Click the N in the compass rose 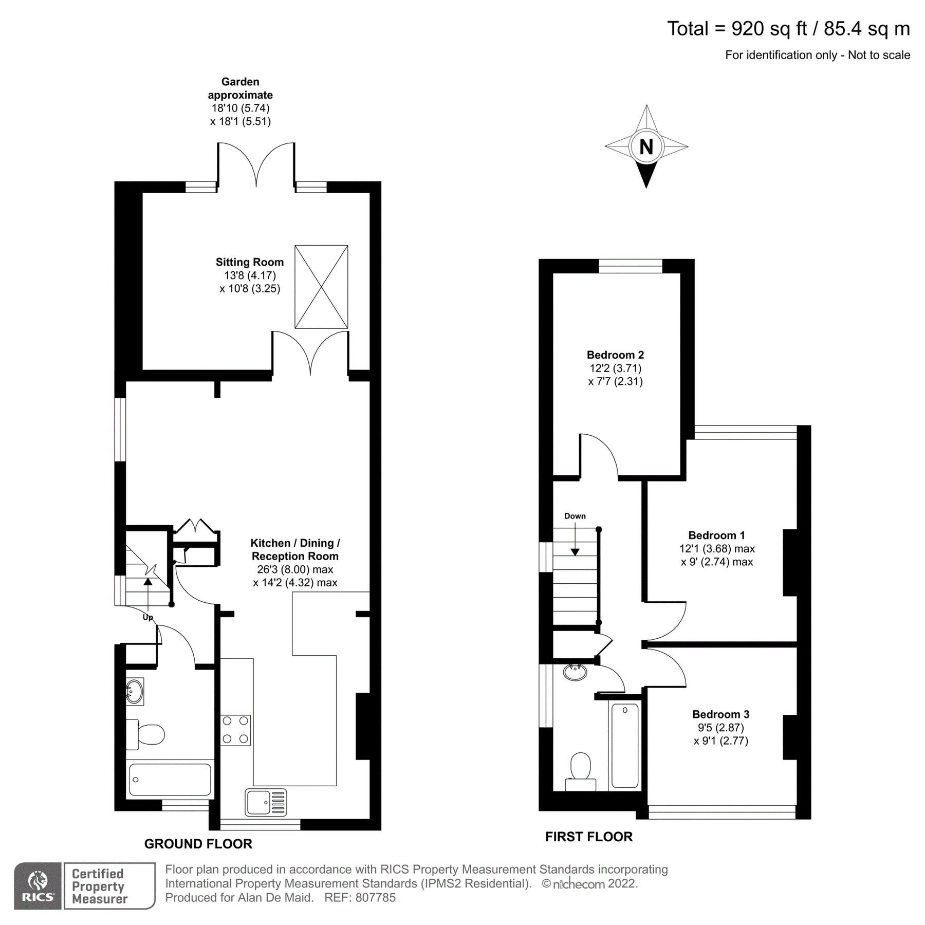click(646, 147)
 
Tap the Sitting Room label click(249, 262)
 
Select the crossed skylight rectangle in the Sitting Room click(321, 287)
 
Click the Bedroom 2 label click(615, 355)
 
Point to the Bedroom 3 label click(720, 714)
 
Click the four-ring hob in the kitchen click(236, 730)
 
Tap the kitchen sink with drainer click(266, 803)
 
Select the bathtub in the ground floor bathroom click(170, 779)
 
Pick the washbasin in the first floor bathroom click(575, 672)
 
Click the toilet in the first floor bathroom click(581, 771)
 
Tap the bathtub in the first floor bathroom click(625, 745)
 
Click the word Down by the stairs click(575, 516)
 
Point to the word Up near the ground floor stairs click(147, 618)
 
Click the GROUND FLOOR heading click(198, 844)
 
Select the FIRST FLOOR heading click(588, 837)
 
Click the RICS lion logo click(38, 886)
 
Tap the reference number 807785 click(375, 898)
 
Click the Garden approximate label click(240, 88)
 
